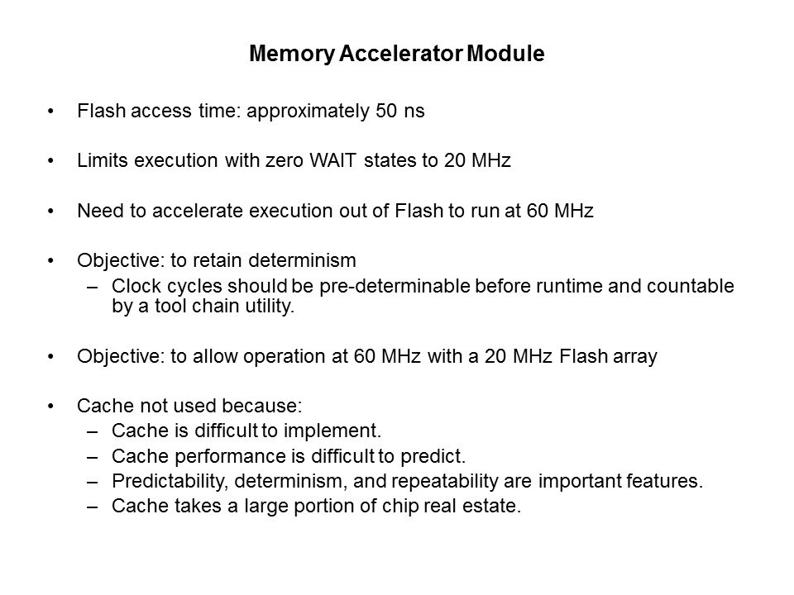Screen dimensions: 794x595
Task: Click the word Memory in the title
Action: [292, 54]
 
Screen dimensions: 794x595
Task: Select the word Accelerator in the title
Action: [400, 53]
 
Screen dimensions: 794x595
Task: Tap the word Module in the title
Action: [505, 53]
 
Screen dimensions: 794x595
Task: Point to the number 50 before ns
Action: [386, 111]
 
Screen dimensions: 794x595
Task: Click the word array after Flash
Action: [635, 357]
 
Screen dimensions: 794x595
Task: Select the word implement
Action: [332, 431]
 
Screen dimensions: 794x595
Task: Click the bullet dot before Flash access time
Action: [50, 112]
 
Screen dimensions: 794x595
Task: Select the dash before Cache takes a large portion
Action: [92, 507]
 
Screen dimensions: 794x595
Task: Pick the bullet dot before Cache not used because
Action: [50, 407]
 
